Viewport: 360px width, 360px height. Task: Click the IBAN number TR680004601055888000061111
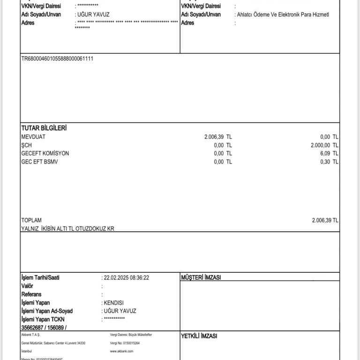[57, 59]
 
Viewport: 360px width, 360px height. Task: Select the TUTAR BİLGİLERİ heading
[44, 128]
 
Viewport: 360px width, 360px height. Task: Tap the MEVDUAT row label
[33, 137]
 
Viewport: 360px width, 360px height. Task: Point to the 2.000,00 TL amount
[324, 145]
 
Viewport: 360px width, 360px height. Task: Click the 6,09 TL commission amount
[330, 154]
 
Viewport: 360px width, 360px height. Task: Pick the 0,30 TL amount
[330, 162]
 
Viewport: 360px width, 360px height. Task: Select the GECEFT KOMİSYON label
[45, 154]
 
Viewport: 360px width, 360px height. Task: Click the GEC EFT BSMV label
[40, 162]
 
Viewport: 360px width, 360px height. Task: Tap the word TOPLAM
[31, 220]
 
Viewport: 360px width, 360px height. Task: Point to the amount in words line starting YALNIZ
[67, 229]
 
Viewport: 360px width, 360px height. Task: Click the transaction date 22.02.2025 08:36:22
[126, 277]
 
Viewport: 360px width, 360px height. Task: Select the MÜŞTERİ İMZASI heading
[201, 277]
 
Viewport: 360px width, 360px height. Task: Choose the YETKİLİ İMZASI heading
[199, 336]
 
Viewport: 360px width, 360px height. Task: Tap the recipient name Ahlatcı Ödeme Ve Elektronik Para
[283, 15]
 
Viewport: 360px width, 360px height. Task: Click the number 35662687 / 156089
[44, 328]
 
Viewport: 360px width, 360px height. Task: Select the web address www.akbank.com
[121, 351]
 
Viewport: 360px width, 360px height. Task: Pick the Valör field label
[27, 286]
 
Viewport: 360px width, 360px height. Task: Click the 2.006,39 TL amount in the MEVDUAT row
[218, 137]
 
